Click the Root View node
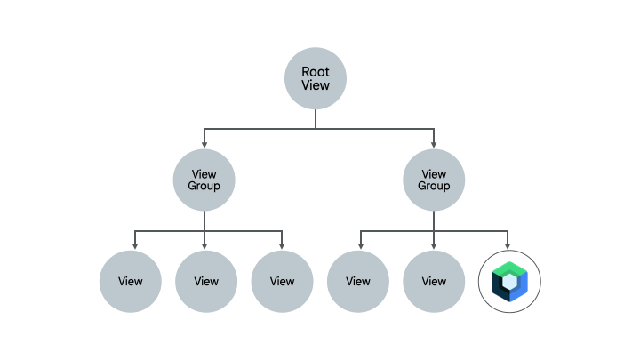click(x=315, y=79)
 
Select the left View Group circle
click(x=204, y=180)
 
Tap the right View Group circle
click(x=434, y=180)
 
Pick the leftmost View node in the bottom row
click(x=131, y=282)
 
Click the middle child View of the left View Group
click(x=206, y=282)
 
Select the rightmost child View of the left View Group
click(x=282, y=282)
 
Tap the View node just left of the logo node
click(x=434, y=282)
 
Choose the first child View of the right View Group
click(x=358, y=282)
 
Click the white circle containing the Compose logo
click(x=509, y=282)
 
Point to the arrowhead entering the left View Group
click(x=204, y=144)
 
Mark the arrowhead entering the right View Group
click(x=434, y=144)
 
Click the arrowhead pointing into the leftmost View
click(x=135, y=246)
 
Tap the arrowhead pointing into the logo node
click(x=508, y=246)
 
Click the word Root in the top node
click(x=315, y=72)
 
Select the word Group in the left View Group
click(x=204, y=187)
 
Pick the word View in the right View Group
click(x=434, y=174)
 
